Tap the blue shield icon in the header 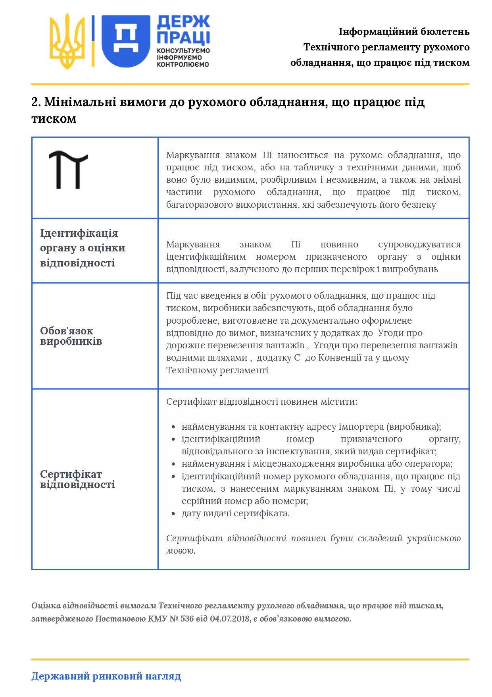(x=126, y=41)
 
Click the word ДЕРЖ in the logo (x=183, y=22)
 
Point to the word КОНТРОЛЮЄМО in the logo (x=183, y=64)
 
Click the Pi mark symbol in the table (x=68, y=170)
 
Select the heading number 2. (x=36, y=102)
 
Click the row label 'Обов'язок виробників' (x=71, y=336)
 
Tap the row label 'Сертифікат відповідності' (x=77, y=479)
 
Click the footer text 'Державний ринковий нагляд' (x=106, y=676)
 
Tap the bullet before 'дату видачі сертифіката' (x=173, y=514)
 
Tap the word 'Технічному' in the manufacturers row (x=191, y=371)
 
